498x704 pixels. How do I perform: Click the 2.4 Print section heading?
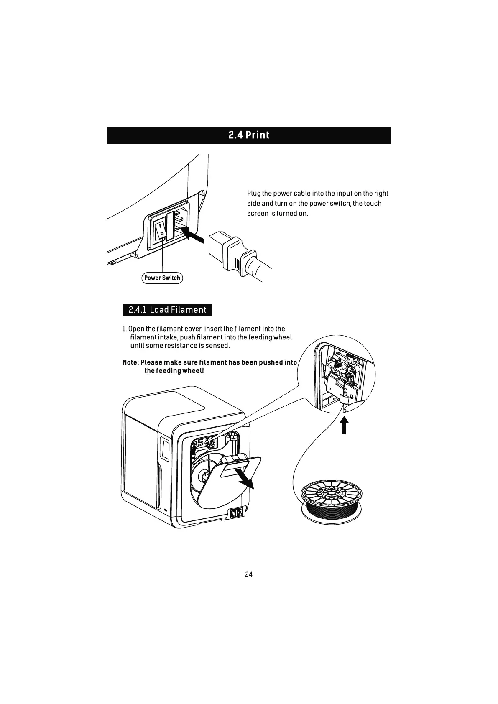(x=249, y=135)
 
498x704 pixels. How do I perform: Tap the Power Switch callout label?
(x=162, y=278)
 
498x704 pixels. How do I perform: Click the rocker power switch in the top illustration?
(x=160, y=230)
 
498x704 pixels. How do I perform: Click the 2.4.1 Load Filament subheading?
(x=167, y=310)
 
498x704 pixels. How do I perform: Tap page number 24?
(x=249, y=574)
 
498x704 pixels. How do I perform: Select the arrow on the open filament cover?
(x=244, y=479)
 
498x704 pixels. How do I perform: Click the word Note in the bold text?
(x=130, y=362)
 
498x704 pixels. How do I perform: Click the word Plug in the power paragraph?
(x=253, y=194)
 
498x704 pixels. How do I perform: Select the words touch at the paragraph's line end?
(x=372, y=204)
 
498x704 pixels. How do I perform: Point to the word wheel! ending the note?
(x=193, y=371)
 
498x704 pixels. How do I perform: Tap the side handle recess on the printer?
(x=164, y=448)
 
